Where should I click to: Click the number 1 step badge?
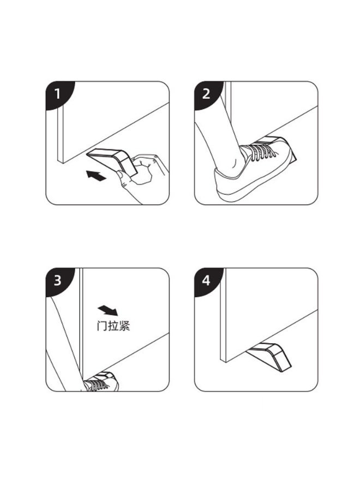tap(58, 94)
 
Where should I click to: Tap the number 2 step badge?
tap(207, 94)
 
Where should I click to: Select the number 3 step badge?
tap(58, 280)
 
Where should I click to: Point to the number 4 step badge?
tap(207, 280)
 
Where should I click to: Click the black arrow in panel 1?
tap(96, 176)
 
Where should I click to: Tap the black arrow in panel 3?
tap(107, 310)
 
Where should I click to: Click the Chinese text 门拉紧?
tap(113, 326)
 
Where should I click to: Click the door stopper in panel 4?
tap(268, 357)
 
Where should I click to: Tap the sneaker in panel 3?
tap(101, 382)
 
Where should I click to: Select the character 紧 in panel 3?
tap(124, 326)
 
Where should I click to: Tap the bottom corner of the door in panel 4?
tap(224, 362)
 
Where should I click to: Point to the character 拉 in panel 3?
tap(113, 326)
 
